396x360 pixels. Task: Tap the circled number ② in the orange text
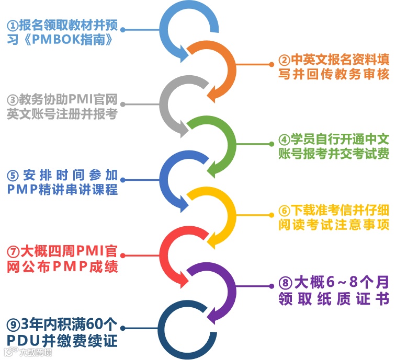(x=283, y=60)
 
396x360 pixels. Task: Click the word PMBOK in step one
(x=54, y=40)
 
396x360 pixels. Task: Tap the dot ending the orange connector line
(x=272, y=64)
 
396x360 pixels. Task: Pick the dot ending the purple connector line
(x=272, y=286)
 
